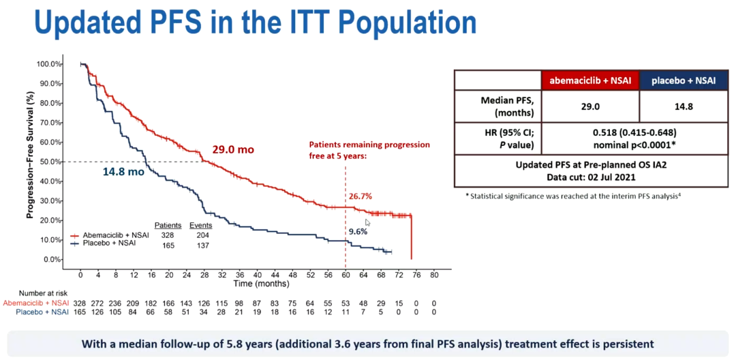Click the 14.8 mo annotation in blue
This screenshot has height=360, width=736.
tap(123, 172)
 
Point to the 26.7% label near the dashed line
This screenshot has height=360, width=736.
tap(362, 197)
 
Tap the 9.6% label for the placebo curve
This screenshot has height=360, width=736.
tap(358, 231)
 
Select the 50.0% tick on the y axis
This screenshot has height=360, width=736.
tap(48, 162)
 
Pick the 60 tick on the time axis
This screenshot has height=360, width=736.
tap(346, 275)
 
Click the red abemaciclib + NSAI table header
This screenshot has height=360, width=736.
tap(591, 80)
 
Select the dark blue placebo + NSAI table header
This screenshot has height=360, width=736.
tap(683, 80)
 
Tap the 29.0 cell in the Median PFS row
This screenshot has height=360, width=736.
tap(591, 107)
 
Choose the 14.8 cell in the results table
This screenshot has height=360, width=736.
tap(683, 107)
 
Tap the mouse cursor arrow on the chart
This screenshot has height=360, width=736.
tap(367, 222)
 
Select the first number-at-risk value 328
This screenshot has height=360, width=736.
tap(80, 303)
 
